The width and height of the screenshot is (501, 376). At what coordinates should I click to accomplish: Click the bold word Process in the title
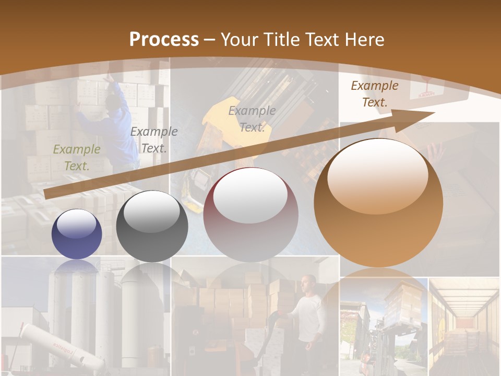[x=164, y=40]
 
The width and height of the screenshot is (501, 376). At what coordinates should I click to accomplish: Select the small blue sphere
[x=77, y=234]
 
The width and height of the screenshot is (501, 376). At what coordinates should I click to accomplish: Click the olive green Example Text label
[x=77, y=158]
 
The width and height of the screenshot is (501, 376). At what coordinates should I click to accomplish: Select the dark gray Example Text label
[x=153, y=140]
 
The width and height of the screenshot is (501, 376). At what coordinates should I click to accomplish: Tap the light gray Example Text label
[x=252, y=119]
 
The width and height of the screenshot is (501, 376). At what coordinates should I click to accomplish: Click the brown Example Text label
[x=374, y=94]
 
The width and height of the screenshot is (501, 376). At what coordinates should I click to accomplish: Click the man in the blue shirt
[x=112, y=125]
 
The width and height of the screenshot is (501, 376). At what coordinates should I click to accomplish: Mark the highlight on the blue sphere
[x=76, y=225]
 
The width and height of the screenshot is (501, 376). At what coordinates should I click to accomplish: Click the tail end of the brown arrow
[x=47, y=194]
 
